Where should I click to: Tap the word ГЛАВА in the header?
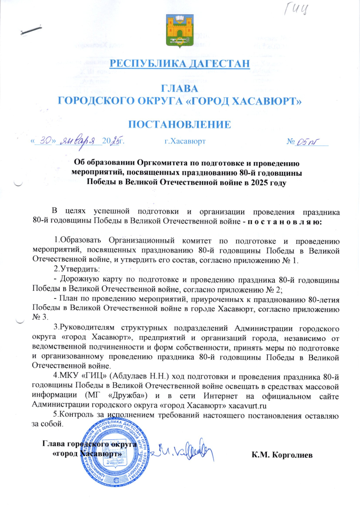tap(180, 89)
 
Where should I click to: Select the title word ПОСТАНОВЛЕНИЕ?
tap(180, 124)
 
